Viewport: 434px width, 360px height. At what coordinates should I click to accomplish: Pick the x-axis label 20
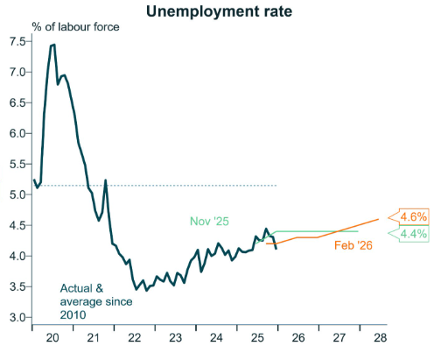52,336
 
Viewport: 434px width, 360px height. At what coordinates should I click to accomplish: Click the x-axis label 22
135,336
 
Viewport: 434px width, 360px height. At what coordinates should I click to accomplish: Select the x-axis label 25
257,336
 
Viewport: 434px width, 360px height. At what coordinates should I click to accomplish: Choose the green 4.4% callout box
413,234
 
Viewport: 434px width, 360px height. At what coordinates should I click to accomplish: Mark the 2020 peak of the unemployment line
53,44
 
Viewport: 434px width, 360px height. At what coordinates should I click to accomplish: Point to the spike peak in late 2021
106,180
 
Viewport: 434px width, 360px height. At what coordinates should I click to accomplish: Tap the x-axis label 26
298,336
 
